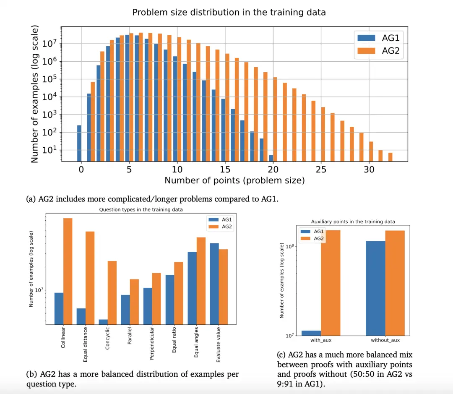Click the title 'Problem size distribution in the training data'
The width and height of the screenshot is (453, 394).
point(229,12)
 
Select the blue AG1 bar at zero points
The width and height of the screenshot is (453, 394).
point(79,143)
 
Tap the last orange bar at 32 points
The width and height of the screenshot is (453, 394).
point(390,157)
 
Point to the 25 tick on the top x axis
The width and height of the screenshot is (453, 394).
point(320,170)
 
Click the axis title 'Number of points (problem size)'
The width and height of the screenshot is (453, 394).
point(234,180)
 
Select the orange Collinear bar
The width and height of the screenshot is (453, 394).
point(68,271)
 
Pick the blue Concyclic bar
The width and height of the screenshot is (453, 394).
point(103,321)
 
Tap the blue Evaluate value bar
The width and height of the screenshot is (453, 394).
point(214,283)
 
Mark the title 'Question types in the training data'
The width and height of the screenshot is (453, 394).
point(141,210)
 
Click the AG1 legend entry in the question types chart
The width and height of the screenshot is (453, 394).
point(222,219)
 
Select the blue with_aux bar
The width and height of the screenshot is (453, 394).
point(311,333)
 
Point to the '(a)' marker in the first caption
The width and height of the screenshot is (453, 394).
point(31,199)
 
